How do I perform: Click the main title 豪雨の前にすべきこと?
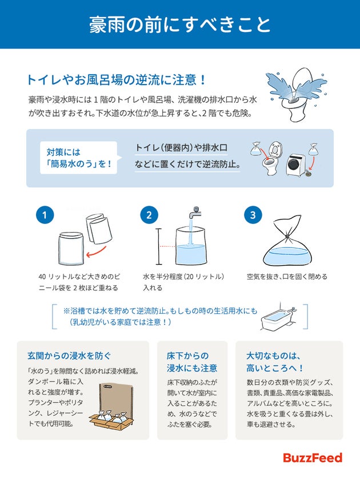tap(180, 25)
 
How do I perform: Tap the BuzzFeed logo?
tap(313, 457)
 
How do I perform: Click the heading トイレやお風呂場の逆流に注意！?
tap(117, 79)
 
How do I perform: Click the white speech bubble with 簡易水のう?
tap(79, 158)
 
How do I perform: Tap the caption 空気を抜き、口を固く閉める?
tap(287, 276)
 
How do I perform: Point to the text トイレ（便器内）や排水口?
tap(181, 148)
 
